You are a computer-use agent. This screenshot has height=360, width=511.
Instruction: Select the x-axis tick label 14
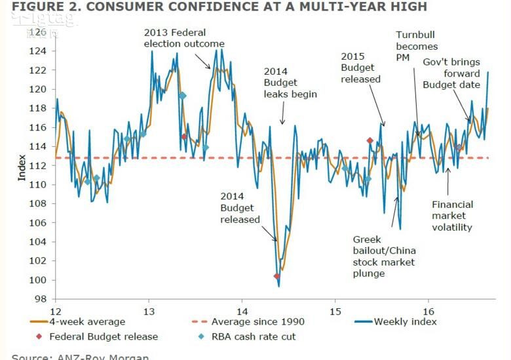(x=242, y=310)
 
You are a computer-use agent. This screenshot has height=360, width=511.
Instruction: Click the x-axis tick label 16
(x=429, y=310)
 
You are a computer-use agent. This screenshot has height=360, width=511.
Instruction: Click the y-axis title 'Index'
(x=22, y=168)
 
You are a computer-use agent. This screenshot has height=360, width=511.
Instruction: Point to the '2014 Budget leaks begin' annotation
(x=290, y=83)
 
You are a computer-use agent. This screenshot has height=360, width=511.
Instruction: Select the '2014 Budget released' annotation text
(x=240, y=208)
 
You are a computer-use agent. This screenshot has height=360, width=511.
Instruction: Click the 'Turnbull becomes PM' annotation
(x=417, y=47)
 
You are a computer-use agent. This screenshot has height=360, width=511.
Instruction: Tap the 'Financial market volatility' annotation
(x=452, y=216)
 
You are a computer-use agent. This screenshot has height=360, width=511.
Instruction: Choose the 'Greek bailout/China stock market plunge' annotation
(x=384, y=256)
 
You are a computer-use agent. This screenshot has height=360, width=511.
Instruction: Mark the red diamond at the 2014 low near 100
(x=276, y=276)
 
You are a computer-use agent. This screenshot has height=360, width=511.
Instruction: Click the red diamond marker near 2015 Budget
(x=369, y=140)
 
